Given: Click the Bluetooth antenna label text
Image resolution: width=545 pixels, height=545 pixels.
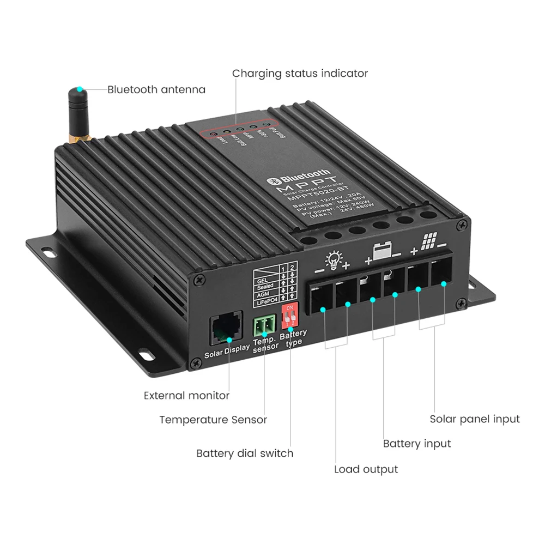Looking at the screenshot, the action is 156,89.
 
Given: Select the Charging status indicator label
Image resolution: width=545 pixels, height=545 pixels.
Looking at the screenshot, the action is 300,73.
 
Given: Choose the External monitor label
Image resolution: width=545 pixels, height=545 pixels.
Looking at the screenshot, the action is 186,395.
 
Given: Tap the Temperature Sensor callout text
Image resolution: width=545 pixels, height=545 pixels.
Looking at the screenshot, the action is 213,420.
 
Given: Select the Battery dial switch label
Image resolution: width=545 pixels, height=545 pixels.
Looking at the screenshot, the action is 245,453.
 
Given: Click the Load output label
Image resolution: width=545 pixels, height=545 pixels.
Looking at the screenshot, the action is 366,469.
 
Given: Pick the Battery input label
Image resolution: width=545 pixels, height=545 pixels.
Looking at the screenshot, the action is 417,444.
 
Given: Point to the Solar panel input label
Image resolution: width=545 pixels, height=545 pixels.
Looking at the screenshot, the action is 475,419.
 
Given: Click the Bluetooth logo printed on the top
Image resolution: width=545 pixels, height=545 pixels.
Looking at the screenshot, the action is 298,178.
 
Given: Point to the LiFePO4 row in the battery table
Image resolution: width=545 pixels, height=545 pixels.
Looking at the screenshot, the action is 267,300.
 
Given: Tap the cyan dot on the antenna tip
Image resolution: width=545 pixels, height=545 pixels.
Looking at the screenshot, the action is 80,88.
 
